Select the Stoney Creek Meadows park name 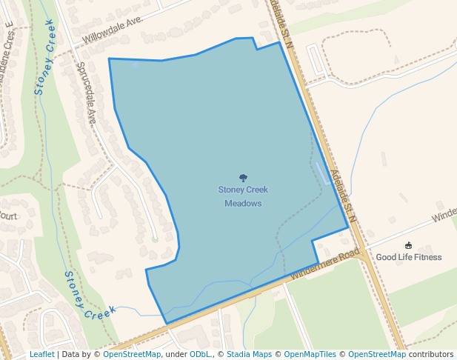point(243,196)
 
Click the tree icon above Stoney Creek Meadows point(243,178)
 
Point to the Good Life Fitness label point(408,258)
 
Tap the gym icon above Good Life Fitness point(408,245)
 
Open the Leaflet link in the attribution point(42,355)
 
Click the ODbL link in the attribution point(200,355)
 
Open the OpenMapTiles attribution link point(310,355)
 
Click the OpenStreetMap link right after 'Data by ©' point(132,355)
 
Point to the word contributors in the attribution point(431,355)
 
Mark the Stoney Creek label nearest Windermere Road point(88,297)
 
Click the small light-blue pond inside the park point(321,173)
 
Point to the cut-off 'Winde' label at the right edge point(444,216)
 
